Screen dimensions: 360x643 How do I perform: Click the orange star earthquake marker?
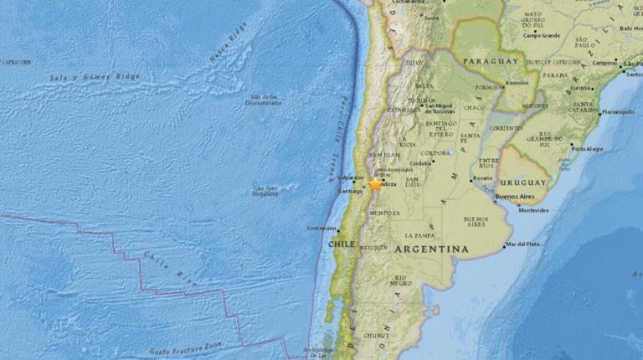[x=376, y=184]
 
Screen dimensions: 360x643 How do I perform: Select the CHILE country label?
[x=341, y=244]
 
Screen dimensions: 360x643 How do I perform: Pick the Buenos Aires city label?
[x=515, y=197]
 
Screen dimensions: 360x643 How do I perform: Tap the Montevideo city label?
[x=533, y=210]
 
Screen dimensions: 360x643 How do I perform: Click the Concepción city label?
[x=321, y=228]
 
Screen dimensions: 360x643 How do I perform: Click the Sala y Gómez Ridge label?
[x=95, y=76]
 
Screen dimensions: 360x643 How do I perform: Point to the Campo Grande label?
[x=541, y=35]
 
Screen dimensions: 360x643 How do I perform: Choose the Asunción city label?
[x=517, y=84]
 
